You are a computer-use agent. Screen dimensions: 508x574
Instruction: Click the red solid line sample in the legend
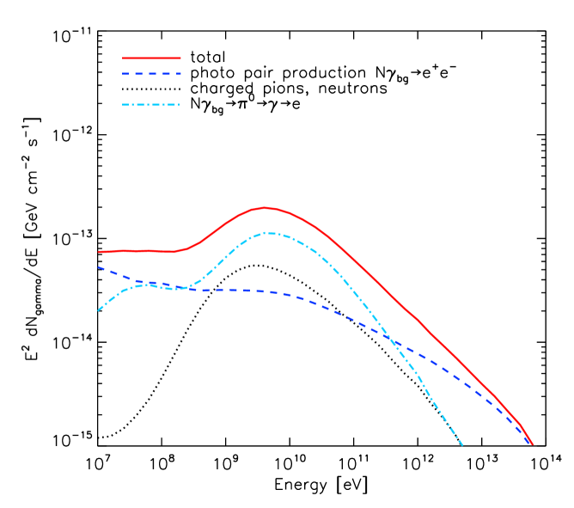(x=151, y=58)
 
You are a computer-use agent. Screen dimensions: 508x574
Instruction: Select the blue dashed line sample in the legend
(x=151, y=74)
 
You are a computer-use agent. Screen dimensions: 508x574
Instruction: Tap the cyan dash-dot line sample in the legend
(x=151, y=105)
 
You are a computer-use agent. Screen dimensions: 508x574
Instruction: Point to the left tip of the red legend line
(x=123, y=58)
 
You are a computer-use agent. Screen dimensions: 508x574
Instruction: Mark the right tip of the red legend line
(x=180, y=58)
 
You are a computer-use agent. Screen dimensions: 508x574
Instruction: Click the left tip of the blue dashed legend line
(x=123, y=74)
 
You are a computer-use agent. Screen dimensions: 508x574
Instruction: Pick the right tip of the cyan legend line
(x=180, y=105)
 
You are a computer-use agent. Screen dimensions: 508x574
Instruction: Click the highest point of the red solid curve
(x=266, y=207)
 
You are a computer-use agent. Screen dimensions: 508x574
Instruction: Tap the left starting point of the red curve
(x=99, y=252)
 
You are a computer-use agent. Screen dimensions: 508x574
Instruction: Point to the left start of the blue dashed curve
(x=98, y=267)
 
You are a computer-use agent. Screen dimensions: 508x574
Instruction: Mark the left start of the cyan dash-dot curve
(x=97, y=310)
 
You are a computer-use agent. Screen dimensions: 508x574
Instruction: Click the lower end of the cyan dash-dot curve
(x=463, y=445)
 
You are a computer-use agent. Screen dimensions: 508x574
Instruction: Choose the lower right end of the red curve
(x=533, y=444)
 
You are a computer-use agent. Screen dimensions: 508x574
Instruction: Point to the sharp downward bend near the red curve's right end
(x=520, y=423)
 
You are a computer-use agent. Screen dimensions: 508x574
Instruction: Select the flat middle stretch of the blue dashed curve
(x=232, y=291)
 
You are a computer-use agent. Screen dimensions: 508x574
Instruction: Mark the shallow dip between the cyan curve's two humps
(x=178, y=288)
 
